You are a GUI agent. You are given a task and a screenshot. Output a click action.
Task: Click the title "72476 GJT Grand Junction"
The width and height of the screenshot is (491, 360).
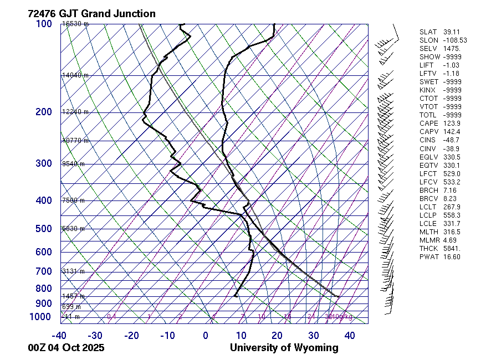(91, 14)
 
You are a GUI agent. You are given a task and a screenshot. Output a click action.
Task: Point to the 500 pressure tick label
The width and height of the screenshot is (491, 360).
(43, 229)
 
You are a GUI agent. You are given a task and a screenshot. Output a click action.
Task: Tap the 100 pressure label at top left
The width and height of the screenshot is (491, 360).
(43, 24)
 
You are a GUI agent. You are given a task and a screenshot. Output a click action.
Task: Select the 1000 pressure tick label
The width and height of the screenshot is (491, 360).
(41, 316)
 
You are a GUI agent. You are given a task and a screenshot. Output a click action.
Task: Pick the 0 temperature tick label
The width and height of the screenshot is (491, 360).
(206, 335)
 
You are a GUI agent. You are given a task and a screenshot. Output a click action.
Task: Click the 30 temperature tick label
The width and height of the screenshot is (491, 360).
(314, 335)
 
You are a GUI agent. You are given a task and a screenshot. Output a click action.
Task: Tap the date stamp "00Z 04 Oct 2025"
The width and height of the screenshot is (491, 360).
(66, 348)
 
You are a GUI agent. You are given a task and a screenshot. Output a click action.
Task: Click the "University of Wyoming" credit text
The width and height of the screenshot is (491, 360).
(284, 348)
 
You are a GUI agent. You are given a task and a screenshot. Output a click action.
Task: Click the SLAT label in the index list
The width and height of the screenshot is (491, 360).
(428, 32)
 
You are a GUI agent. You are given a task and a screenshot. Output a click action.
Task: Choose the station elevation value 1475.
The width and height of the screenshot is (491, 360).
(452, 49)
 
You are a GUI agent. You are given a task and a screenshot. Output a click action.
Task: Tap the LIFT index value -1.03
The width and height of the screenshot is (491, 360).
(452, 65)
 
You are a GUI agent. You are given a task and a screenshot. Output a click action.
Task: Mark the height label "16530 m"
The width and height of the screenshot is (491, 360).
(75, 24)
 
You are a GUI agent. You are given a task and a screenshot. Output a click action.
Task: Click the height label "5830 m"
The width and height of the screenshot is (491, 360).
(73, 229)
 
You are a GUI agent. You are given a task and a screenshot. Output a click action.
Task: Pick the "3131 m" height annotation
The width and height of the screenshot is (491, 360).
(73, 271)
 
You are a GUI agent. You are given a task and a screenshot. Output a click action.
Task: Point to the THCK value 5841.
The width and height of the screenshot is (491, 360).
(452, 248)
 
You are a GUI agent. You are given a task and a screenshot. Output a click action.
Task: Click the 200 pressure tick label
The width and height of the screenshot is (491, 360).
(43, 112)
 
